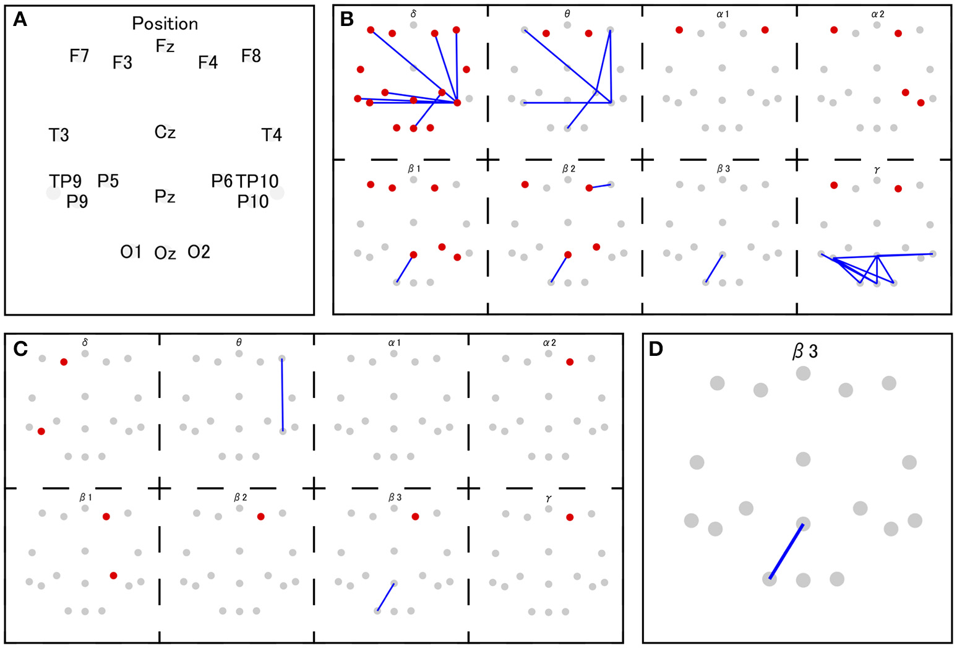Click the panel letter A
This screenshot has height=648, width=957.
click(x=20, y=20)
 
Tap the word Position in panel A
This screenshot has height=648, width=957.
click(x=165, y=24)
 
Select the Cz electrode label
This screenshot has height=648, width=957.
click(x=165, y=132)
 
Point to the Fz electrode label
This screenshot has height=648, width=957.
click(x=165, y=46)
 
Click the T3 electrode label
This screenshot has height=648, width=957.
click(x=59, y=135)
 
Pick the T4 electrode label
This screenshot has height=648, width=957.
click(x=272, y=135)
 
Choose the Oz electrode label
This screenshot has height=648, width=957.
click(x=165, y=253)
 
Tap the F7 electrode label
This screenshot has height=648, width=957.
click(x=79, y=56)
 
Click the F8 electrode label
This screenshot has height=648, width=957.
click(x=251, y=56)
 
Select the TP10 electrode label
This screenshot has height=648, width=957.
click(x=257, y=181)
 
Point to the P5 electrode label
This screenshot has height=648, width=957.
click(x=108, y=181)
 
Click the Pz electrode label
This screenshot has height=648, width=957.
click(x=165, y=197)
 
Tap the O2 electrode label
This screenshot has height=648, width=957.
click(x=199, y=252)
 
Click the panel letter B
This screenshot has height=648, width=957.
click(x=347, y=20)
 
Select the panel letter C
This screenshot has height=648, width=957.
click(x=20, y=348)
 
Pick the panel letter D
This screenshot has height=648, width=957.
click(x=656, y=349)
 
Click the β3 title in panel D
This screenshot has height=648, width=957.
click(x=805, y=352)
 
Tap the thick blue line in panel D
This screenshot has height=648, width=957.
click(x=786, y=551)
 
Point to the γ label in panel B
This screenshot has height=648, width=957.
click(x=877, y=169)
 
